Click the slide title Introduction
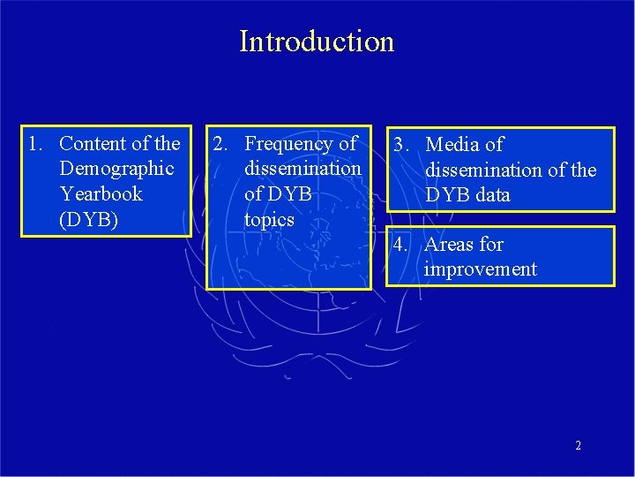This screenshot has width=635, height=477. [317, 42]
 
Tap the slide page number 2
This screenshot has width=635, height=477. [578, 446]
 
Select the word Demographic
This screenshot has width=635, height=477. [116, 168]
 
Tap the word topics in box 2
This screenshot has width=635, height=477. [269, 219]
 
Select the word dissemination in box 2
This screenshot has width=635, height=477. [303, 168]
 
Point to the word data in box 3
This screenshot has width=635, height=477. [491, 195]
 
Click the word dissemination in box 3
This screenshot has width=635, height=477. [483, 170]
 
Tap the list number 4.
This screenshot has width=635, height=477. [400, 245]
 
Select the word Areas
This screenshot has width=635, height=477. [451, 245]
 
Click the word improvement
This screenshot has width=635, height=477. [480, 269]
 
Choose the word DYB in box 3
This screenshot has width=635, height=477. [446, 195]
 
